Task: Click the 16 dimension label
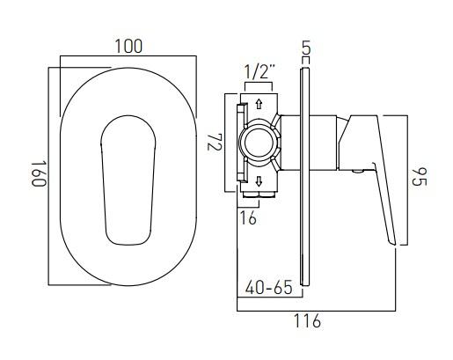[248, 218]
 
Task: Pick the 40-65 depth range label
[267, 287]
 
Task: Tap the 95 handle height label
[420, 180]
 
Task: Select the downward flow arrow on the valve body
[259, 183]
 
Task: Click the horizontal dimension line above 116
[317, 310]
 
